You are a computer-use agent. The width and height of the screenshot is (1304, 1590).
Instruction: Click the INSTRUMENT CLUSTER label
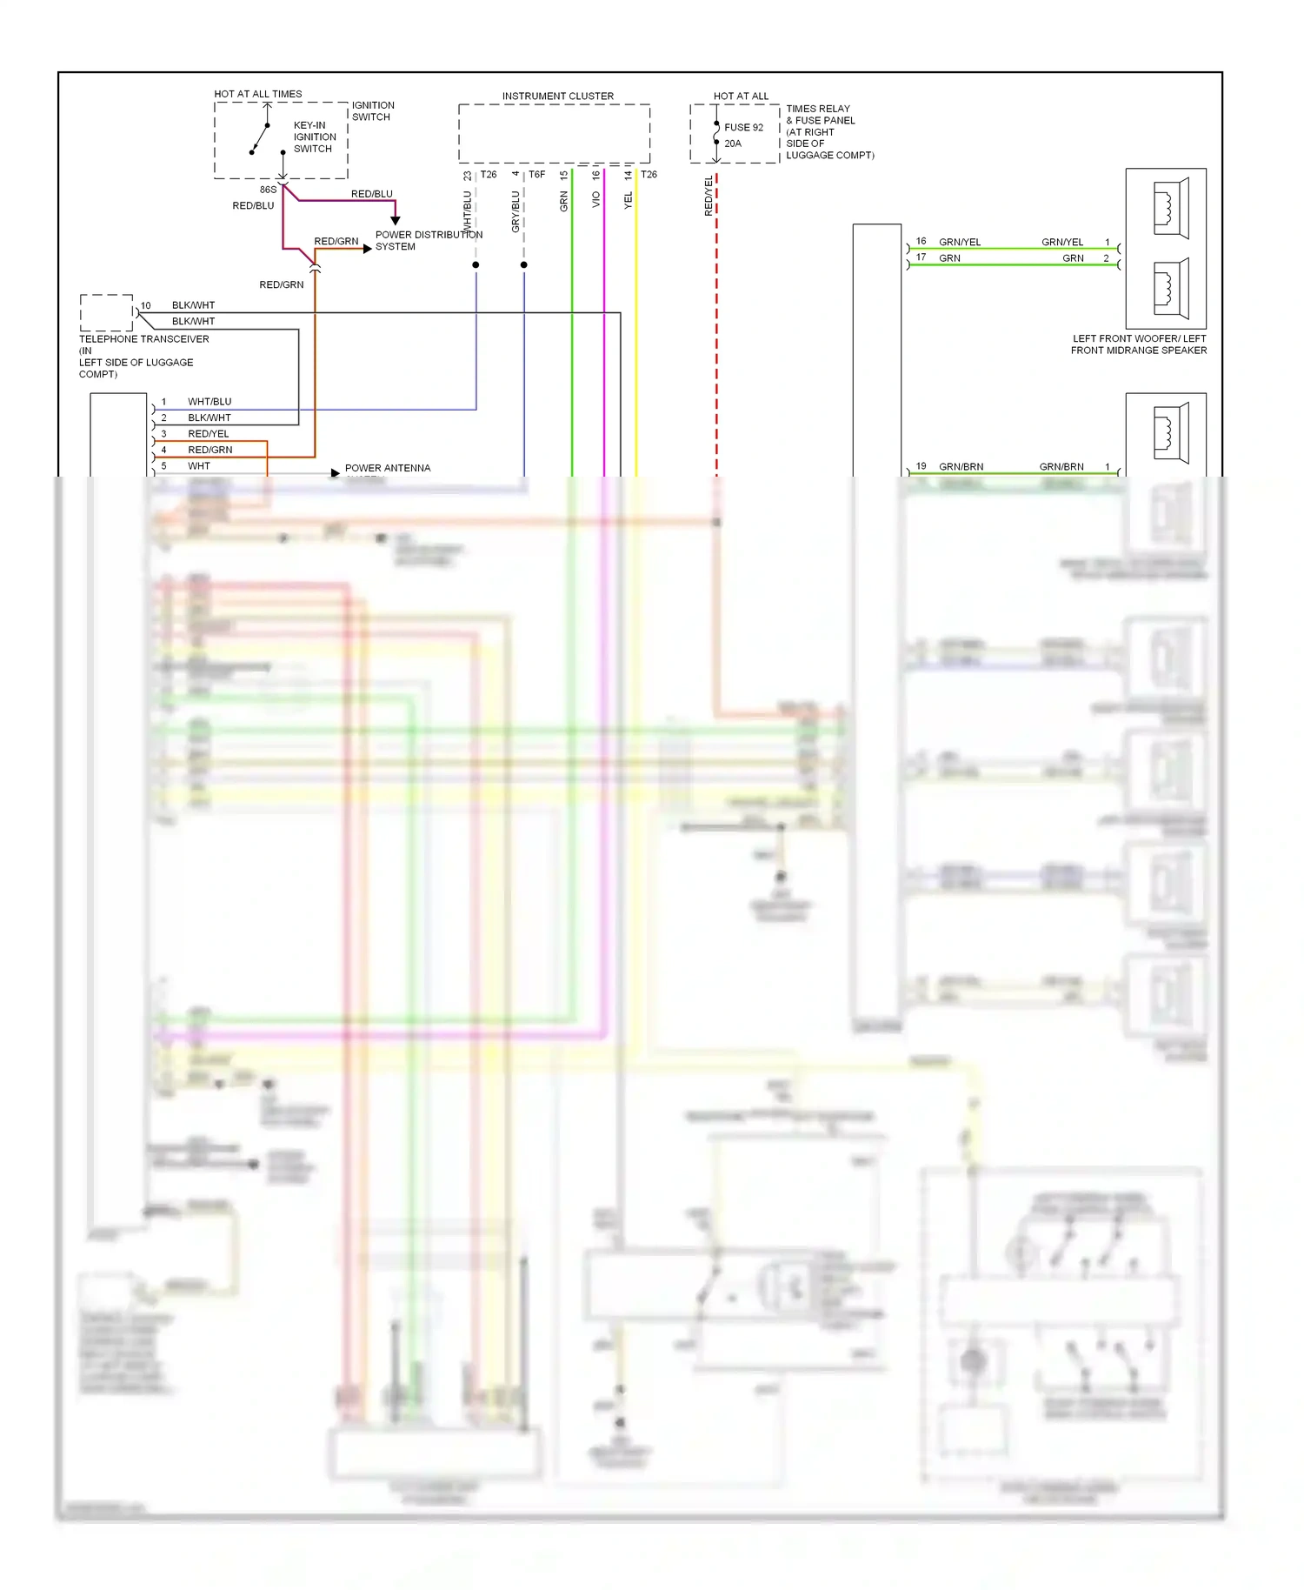pyautogui.click(x=557, y=96)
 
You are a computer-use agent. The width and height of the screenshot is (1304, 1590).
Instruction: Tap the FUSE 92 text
pyautogui.click(x=743, y=127)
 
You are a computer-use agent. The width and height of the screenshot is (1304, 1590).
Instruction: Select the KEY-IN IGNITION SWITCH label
pyautogui.click(x=314, y=137)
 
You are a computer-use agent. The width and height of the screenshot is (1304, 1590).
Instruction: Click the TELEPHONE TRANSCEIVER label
pyautogui.click(x=143, y=339)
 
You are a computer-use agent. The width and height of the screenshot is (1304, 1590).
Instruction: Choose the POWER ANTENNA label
pyautogui.click(x=387, y=468)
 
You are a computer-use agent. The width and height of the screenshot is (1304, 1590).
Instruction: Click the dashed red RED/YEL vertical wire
pyautogui.click(x=716, y=348)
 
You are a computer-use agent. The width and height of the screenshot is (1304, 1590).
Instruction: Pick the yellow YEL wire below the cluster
pyautogui.click(x=636, y=348)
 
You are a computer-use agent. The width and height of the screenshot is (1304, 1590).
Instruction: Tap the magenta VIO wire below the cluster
pyautogui.click(x=604, y=348)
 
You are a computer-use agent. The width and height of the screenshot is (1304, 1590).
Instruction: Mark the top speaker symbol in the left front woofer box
pyautogui.click(x=1170, y=208)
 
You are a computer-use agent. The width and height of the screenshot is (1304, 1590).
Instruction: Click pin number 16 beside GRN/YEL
pyautogui.click(x=921, y=241)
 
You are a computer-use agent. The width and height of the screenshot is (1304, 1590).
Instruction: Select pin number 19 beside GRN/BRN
pyautogui.click(x=921, y=466)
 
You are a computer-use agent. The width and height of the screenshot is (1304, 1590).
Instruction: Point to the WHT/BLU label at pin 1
pyautogui.click(x=210, y=402)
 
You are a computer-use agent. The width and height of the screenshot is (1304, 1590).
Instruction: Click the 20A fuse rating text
pyautogui.click(x=733, y=144)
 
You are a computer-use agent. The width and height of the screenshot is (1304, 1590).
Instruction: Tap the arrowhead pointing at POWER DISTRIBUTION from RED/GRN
pyautogui.click(x=367, y=249)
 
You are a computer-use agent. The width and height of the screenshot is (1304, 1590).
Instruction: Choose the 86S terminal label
pyautogui.click(x=268, y=190)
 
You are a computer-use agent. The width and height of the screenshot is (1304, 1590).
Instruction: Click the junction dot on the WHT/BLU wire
pyautogui.click(x=476, y=264)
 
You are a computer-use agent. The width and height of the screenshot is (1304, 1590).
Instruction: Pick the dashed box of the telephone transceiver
pyautogui.click(x=106, y=312)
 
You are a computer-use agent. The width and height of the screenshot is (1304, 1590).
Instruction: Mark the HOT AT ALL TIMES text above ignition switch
pyautogui.click(x=258, y=94)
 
